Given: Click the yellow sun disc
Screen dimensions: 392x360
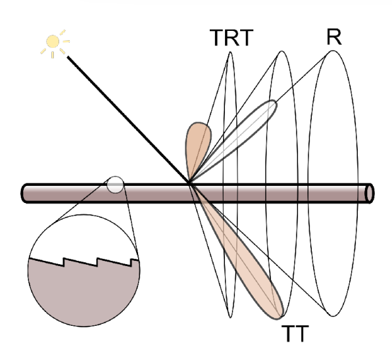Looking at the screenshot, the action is click(x=53, y=41).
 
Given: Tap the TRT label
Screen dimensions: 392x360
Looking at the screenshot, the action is click(x=232, y=37).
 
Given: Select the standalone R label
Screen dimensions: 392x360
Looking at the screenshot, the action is click(x=334, y=37).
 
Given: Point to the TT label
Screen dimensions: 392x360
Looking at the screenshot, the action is click(x=295, y=334).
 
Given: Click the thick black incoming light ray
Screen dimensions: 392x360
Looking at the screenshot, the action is click(x=128, y=120).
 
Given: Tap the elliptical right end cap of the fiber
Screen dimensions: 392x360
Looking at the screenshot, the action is click(x=370, y=194).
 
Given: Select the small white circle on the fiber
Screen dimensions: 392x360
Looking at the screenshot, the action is click(x=115, y=185).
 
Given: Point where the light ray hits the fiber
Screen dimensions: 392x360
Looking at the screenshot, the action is click(x=189, y=184).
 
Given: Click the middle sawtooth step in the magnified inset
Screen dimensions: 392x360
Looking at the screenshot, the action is click(x=97, y=262).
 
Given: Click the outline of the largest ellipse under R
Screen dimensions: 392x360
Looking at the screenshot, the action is click(x=308, y=183).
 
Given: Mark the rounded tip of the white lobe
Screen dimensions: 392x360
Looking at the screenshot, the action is click(x=274, y=102).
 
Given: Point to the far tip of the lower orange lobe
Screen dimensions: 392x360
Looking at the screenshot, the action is click(x=280, y=317).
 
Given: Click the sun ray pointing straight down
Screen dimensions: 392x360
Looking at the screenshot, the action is click(x=53, y=55).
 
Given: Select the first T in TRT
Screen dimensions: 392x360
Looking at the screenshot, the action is click(x=217, y=37).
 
